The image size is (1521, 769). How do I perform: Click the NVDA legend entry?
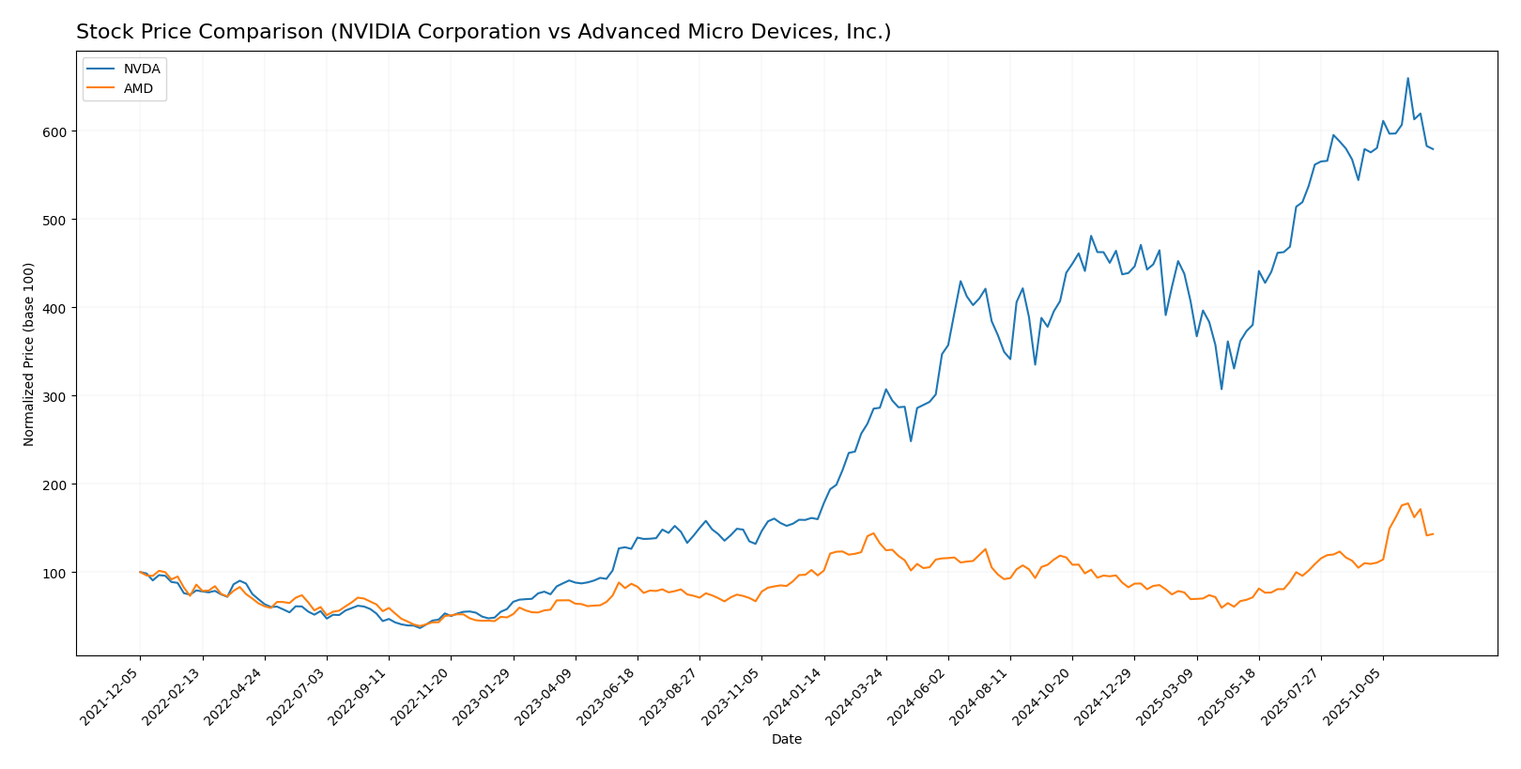141,69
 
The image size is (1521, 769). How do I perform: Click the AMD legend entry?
138,88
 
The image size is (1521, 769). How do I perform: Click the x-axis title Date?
786,740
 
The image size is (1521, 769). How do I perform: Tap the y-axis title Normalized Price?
29,354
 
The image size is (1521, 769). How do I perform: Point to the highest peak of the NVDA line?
1407,79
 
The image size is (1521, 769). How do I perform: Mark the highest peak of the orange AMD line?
1407,503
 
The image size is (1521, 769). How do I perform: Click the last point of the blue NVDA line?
1433,149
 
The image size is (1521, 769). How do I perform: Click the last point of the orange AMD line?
1433,534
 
